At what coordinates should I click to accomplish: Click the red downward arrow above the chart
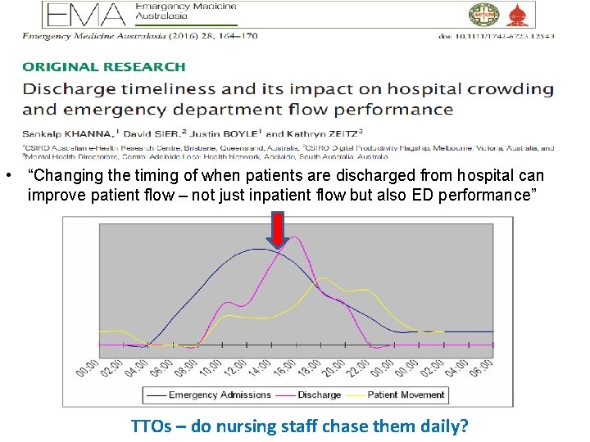pos(279,229)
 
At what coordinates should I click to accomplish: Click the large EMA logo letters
pos(86,14)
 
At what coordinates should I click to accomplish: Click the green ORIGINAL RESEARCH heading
pos(103,67)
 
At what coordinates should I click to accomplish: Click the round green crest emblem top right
pos(483,14)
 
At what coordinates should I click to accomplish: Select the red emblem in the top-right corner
pos(517,14)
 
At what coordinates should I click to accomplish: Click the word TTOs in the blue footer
pos(151,426)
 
